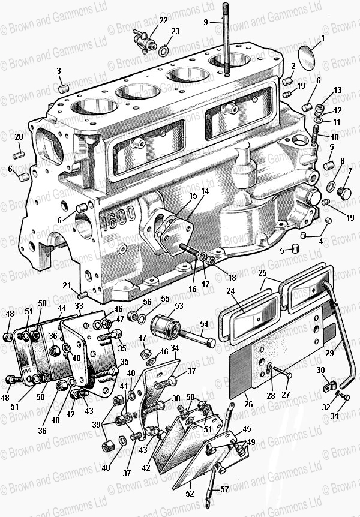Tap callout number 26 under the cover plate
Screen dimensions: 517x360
pos(248,404)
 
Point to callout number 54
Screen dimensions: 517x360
pos(203,324)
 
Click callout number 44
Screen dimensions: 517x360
pos(61,307)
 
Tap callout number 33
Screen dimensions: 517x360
pos(79,306)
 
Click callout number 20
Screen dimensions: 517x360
pos(19,137)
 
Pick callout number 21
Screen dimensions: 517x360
pos(67,285)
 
